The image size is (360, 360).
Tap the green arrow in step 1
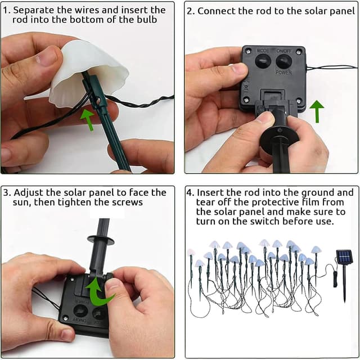[88, 119]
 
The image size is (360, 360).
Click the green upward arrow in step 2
[317, 111]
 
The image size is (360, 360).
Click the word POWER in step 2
[283, 73]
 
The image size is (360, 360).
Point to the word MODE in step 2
[263, 51]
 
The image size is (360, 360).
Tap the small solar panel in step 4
[344, 257]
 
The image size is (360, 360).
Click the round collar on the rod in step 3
[101, 240]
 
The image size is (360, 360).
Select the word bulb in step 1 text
[147, 20]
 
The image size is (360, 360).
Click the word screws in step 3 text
[128, 202]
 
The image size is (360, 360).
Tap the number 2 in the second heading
[190, 11]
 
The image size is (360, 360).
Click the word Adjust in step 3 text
[29, 193]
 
